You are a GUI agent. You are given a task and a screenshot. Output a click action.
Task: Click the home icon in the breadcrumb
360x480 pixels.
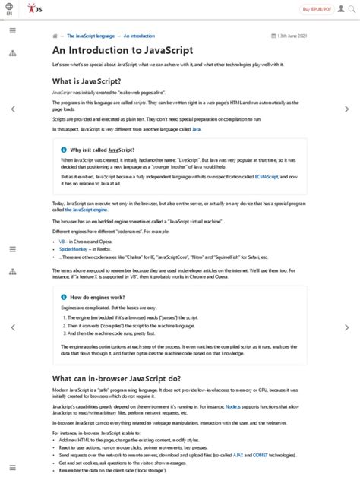55,36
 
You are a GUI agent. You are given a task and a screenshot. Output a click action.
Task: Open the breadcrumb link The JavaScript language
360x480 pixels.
90,36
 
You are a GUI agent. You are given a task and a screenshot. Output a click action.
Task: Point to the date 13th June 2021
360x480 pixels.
292,36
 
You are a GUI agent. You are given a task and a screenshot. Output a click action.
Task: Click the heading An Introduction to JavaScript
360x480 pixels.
122,50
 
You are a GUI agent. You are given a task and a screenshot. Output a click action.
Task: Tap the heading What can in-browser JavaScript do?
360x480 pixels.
116,378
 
